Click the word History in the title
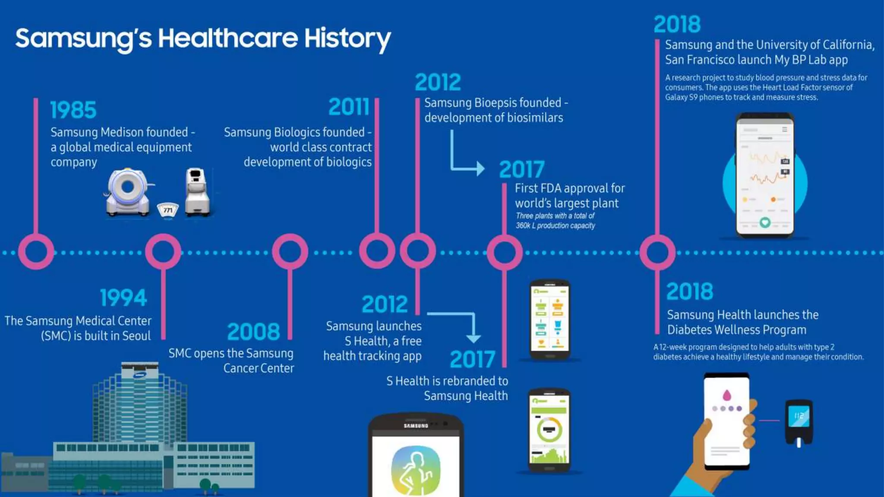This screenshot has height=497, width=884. pos(347,39)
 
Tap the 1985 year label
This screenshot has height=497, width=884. pos(73,110)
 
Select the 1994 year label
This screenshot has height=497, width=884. pos(123,298)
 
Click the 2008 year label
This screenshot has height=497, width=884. pos(254,332)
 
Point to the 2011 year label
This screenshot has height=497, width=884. pos(349,107)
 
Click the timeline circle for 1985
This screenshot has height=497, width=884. pos(36,252)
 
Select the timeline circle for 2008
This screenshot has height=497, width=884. pos(290,252)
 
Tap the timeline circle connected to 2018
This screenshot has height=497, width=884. pos(657,252)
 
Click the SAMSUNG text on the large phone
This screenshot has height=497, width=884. pos(416,426)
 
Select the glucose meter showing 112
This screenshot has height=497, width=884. pos(799,421)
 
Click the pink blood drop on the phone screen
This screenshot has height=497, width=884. pos(727,395)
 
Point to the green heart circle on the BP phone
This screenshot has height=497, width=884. pos(765,223)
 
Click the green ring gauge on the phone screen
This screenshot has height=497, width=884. pos(549,430)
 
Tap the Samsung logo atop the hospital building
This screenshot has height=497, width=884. pos(140,374)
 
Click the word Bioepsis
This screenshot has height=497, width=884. pos(495,103)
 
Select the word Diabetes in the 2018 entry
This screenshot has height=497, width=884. pos(689,330)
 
